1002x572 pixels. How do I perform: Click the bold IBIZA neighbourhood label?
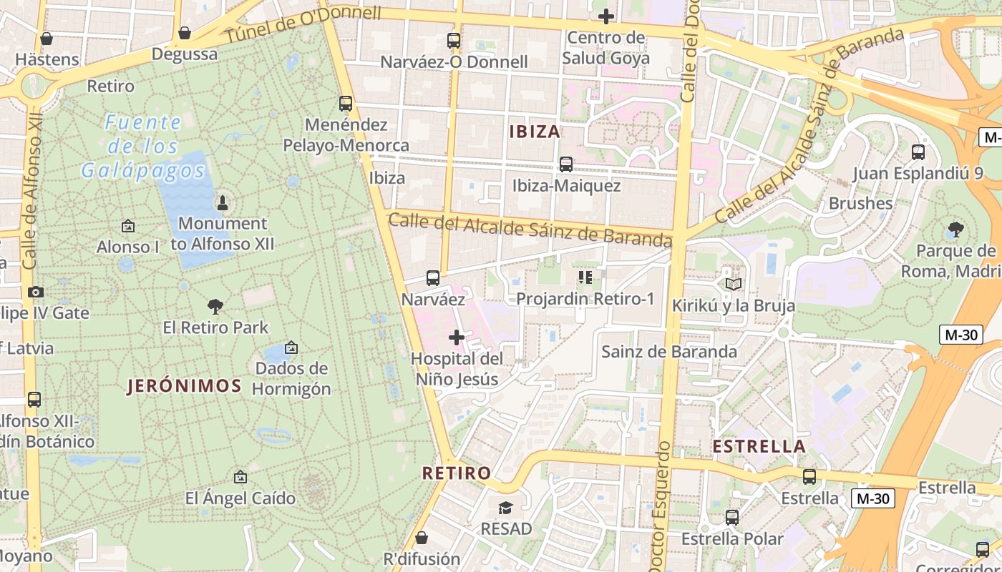[535, 132]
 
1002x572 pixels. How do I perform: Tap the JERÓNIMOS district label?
[185, 386]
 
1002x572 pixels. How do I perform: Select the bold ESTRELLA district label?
[759, 447]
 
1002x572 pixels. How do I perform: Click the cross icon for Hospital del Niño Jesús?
[457, 337]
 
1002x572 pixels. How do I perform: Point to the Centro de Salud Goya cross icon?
[606, 16]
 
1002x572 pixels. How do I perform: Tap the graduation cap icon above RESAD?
[506, 508]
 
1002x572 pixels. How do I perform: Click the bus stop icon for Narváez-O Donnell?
[453, 41]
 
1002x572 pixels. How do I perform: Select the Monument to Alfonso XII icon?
[222, 202]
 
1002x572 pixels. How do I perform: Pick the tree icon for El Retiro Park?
[215, 307]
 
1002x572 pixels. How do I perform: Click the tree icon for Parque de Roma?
[955, 230]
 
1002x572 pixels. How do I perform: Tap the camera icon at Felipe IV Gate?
[35, 292]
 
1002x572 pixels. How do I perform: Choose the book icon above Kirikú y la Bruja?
[733, 284]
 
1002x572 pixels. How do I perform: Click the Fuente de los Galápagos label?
[142, 147]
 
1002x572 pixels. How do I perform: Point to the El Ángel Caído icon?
[240, 477]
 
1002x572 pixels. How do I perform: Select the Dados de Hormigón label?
[291, 379]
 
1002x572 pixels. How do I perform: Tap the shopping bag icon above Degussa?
[185, 33]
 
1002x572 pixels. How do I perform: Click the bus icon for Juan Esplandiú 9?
[918, 152]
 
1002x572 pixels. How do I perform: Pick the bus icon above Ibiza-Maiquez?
[566, 164]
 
